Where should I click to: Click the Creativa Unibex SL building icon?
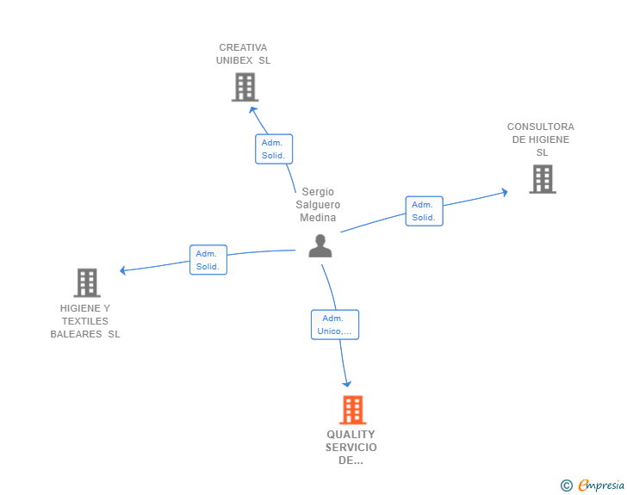pyautogui.click(x=245, y=87)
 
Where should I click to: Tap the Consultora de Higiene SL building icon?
pyautogui.click(x=542, y=179)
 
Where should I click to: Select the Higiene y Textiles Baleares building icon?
pyautogui.click(x=87, y=282)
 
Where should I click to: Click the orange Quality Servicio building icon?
pyautogui.click(x=352, y=410)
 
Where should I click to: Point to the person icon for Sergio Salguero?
pyautogui.click(x=320, y=246)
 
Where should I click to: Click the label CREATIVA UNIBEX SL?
pyautogui.click(x=243, y=54)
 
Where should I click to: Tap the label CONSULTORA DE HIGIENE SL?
pyautogui.click(x=541, y=139)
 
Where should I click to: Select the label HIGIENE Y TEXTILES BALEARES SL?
pyautogui.click(x=85, y=321)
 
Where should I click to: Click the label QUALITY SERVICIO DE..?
pyautogui.click(x=351, y=447)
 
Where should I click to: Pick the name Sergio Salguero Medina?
pyautogui.click(x=318, y=205)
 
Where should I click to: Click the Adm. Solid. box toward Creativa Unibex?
pyautogui.click(x=274, y=149)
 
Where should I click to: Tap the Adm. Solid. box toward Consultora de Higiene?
pyautogui.click(x=424, y=211)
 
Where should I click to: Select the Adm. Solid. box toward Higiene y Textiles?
pyautogui.click(x=208, y=260)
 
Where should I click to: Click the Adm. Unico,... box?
pyautogui.click(x=335, y=325)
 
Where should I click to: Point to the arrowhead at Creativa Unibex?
pyautogui.click(x=253, y=108)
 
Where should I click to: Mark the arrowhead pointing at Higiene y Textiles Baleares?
pyautogui.click(x=124, y=270)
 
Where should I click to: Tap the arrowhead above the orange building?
pyautogui.click(x=347, y=383)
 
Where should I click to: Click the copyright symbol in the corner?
pyautogui.click(x=566, y=486)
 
